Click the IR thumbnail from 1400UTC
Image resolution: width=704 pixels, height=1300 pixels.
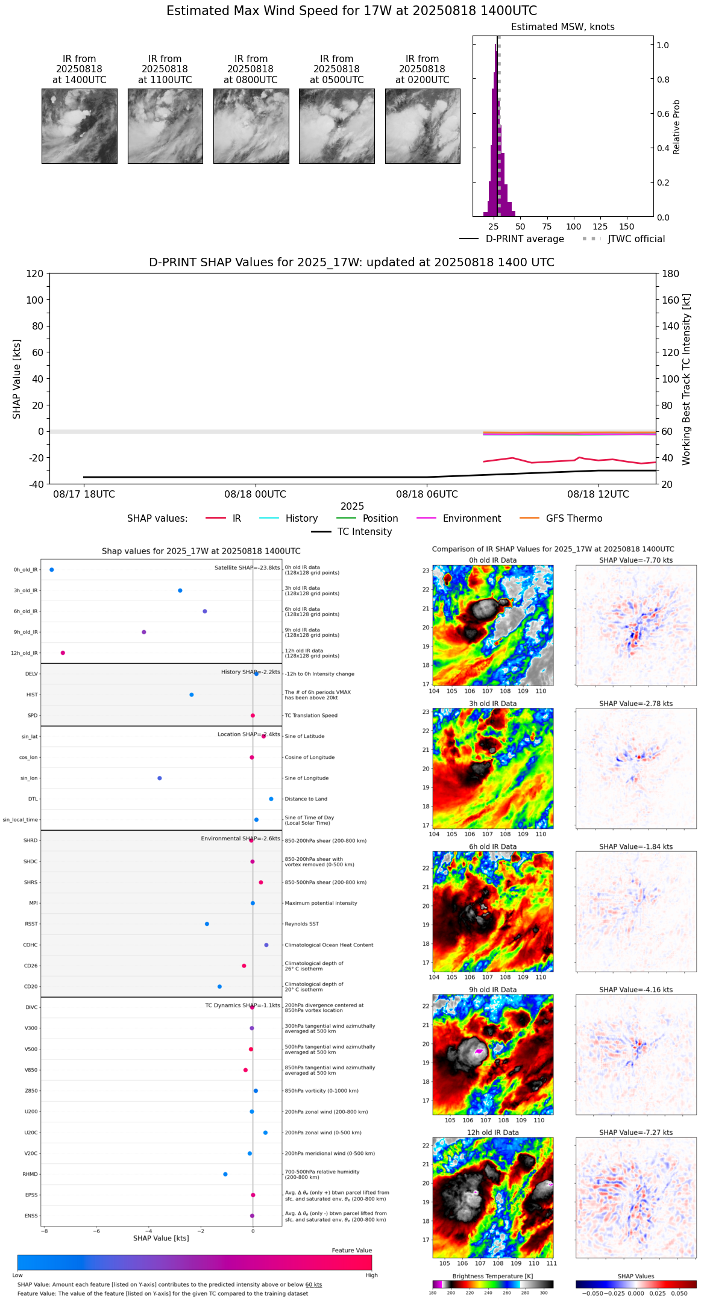[x=79, y=126]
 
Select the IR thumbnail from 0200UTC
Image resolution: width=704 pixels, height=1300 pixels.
[x=423, y=126]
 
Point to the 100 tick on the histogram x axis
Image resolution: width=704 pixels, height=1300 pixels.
[x=573, y=227]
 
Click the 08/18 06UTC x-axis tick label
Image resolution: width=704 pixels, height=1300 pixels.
[x=427, y=495]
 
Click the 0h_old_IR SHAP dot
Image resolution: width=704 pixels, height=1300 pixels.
[x=52, y=570]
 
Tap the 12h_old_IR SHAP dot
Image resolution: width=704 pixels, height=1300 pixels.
[x=63, y=653]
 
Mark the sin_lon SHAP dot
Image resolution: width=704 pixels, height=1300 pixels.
[x=160, y=778]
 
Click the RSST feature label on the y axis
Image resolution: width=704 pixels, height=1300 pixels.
[x=31, y=924]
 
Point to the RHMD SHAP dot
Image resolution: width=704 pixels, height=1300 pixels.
[x=225, y=1174]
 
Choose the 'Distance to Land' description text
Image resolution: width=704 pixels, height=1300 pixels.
[x=306, y=799]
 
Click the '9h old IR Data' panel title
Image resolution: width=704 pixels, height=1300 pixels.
[x=492, y=990]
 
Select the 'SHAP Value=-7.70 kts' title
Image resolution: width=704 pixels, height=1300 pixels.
[x=636, y=560]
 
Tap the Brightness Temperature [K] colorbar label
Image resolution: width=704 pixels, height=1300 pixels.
[x=492, y=1276]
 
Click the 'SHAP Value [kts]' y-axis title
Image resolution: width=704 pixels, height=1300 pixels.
[x=17, y=379]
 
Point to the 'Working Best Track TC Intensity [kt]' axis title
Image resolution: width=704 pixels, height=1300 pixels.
[x=687, y=379]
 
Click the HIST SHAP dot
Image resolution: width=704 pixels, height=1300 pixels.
[x=192, y=695]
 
